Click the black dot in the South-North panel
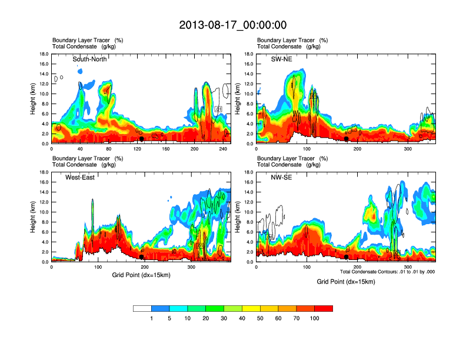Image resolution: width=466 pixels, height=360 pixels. pos(142,139)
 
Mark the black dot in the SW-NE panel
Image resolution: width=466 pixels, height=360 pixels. pos(347,139)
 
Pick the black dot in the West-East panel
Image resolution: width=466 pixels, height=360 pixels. pos(142,256)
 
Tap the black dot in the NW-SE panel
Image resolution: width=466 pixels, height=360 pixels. pos(347,256)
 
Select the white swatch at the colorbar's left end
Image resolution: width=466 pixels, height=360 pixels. pos(142,308)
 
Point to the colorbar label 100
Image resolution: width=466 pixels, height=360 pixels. pos(315,318)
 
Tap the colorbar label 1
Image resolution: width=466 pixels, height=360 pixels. pos(152,318)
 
